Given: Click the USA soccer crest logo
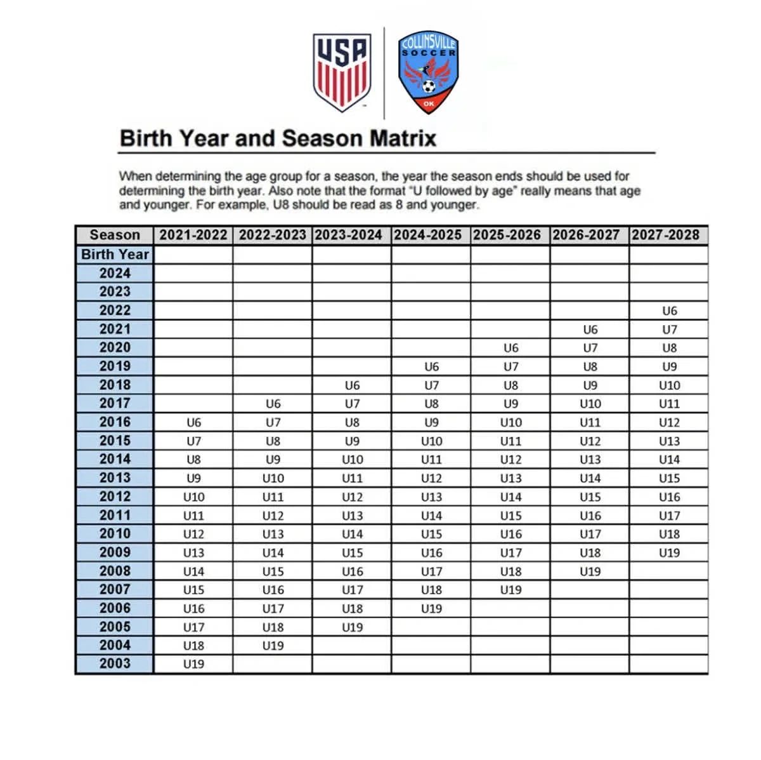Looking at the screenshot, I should pos(342,71).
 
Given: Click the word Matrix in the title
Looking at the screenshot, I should pos(403,138).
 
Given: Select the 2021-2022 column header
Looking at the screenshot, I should pos(193,235).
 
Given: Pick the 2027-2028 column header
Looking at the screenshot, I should pos(668,235).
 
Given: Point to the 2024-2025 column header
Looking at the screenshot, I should pos(431,235).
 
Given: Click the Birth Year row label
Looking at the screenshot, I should pos(115,255).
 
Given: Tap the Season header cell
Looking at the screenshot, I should pos(115,235).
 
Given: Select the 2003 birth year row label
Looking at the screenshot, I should pos(115,663).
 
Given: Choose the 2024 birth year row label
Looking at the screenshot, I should pos(115,273).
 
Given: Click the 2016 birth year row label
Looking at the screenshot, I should pos(115,422).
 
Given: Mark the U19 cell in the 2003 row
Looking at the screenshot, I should pos(193,664).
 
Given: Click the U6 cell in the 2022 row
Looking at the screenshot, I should pos(669,311).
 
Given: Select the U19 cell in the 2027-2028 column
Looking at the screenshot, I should pos(669,553).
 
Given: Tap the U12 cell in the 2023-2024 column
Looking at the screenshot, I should pos(352,497).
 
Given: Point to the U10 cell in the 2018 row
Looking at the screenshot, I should pos(669,385).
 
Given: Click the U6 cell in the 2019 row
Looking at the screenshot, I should pos(431,367).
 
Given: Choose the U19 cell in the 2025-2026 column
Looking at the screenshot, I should pos(511,590).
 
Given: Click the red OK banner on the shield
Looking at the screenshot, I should pos(429,103).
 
